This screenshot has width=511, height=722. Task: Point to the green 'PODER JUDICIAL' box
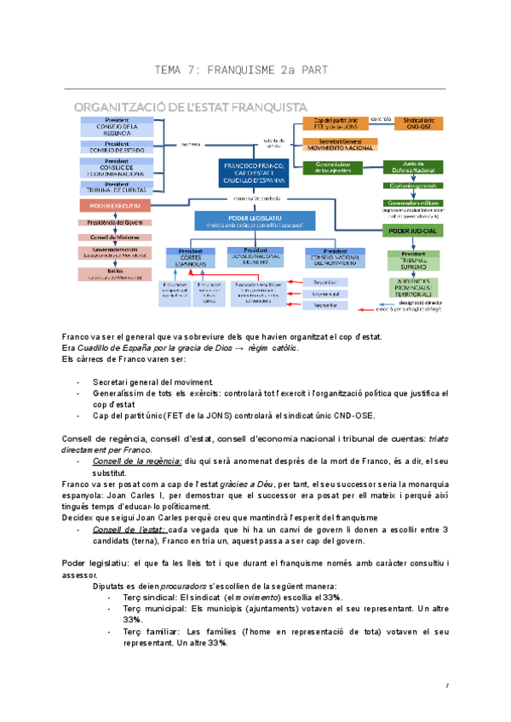[x=413, y=231]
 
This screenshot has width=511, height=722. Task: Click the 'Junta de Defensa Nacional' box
[x=413, y=168]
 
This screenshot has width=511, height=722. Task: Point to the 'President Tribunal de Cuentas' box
[x=118, y=187]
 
